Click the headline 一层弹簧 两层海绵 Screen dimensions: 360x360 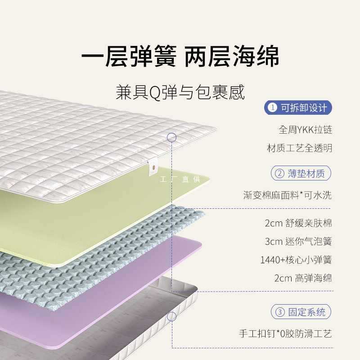pos(180,56)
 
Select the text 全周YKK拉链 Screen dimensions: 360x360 pos(305,130)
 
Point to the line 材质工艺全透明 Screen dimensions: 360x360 pos(299,148)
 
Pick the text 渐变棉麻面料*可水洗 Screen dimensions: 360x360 pos(287,195)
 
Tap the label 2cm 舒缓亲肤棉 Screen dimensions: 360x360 pos(298,223)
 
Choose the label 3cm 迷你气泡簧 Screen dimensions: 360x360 pos(298,241)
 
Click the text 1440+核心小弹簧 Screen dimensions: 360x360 pos(296,260)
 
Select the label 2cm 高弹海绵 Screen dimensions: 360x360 pos(303,278)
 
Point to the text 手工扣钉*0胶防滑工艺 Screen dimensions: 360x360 pos(285,334)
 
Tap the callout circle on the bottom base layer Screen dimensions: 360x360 pos(171,316)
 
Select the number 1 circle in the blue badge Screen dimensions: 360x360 pos(273,108)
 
